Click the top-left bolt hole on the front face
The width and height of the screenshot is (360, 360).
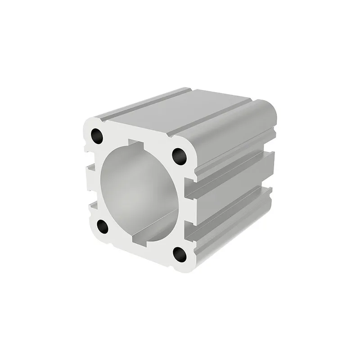coord(97,136)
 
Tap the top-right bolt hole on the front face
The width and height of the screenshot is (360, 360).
coord(180,156)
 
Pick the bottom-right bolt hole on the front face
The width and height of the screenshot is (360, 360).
coord(180,255)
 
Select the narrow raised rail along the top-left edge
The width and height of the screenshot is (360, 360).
coord(144,103)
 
